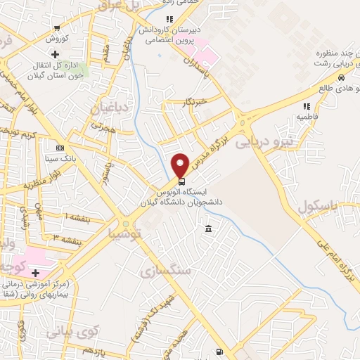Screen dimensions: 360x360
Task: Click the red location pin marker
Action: (181, 165)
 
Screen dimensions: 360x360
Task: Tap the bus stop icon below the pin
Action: (181, 182)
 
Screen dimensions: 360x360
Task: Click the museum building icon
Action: (208, 229)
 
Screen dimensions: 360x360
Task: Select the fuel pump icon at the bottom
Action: (221, 352)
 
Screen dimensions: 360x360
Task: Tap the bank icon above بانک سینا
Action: (60, 148)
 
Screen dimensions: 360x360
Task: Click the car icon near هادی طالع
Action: (340, 78)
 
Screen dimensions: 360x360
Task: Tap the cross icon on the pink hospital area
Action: (35, 272)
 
